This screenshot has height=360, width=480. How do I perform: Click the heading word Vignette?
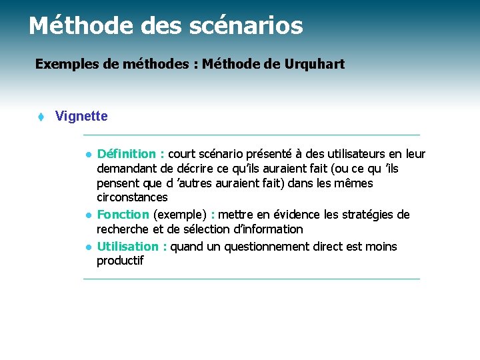click(81, 117)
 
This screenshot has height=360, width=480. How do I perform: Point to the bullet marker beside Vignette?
click(40, 117)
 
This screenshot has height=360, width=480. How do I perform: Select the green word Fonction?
click(123, 215)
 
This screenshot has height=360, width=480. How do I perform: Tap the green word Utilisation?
click(128, 247)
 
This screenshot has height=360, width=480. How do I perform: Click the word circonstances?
click(132, 197)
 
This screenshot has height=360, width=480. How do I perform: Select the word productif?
click(120, 261)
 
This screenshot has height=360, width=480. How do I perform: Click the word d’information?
click(263, 229)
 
